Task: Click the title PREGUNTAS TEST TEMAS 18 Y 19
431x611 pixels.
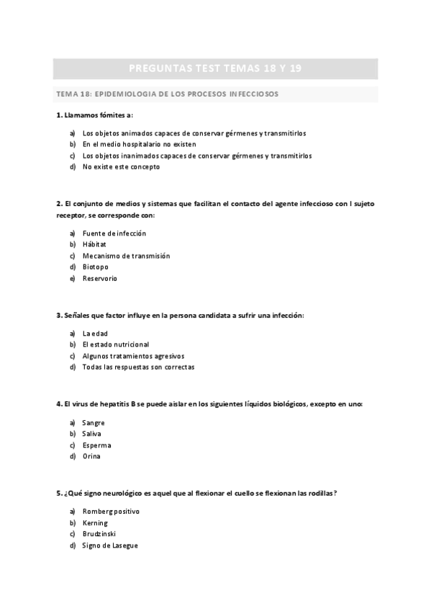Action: tap(215, 68)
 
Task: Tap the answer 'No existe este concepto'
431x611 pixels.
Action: tap(121, 166)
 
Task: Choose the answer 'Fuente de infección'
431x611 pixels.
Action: tap(114, 233)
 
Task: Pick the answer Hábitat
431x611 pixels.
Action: tap(95, 244)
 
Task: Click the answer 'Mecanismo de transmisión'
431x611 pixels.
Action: tap(126, 256)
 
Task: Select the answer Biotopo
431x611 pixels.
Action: tap(96, 267)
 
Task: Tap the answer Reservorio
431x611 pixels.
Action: tap(99, 278)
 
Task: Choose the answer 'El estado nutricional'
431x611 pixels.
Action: tap(116, 344)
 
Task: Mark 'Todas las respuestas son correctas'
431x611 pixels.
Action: tap(138, 367)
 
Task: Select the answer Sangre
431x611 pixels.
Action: tap(94, 423)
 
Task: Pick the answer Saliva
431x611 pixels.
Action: tap(92, 434)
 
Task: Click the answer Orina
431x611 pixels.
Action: tap(91, 456)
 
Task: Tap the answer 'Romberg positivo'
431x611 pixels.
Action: tap(111, 512)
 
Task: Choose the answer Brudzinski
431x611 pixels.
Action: tap(99, 534)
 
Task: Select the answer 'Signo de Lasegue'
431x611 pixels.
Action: tap(110, 545)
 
